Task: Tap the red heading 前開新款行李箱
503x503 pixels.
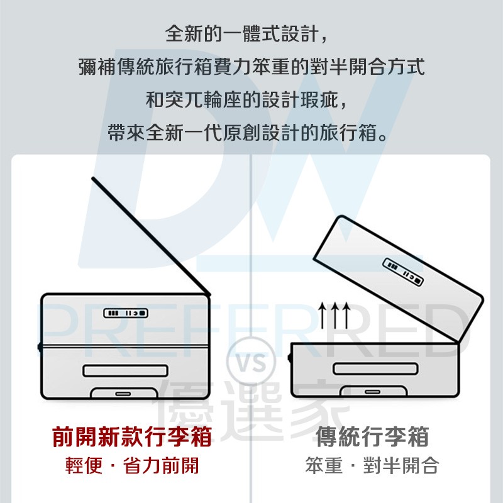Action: tap(132, 436)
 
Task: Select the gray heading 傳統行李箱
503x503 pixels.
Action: tap(372, 436)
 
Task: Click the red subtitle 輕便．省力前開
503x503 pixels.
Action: tap(132, 466)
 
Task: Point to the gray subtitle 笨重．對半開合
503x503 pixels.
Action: tap(372, 466)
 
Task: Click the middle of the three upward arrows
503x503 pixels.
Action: tap(334, 316)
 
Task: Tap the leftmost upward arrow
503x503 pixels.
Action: tap(323, 316)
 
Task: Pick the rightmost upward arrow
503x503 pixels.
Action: tap(346, 316)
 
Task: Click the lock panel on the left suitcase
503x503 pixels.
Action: tap(126, 313)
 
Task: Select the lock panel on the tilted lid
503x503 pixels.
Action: tap(403, 272)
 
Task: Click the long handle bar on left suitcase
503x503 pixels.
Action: tap(125, 370)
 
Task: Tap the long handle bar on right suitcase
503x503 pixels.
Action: tap(375, 368)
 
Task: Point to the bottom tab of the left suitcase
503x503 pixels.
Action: tap(124, 393)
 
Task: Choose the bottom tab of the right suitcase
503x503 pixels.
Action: tap(373, 391)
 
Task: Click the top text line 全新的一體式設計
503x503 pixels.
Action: tap(246, 34)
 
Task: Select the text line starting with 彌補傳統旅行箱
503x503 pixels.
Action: tap(252, 67)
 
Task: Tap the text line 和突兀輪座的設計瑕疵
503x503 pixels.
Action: tap(246, 100)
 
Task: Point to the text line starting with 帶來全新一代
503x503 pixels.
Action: tap(248, 133)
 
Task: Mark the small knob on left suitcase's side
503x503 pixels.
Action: tap(40, 347)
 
